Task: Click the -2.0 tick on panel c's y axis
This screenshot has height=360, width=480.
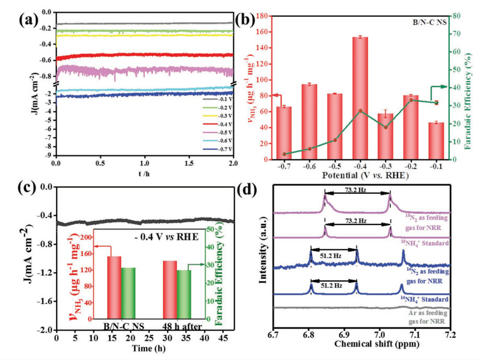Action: (44, 330)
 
